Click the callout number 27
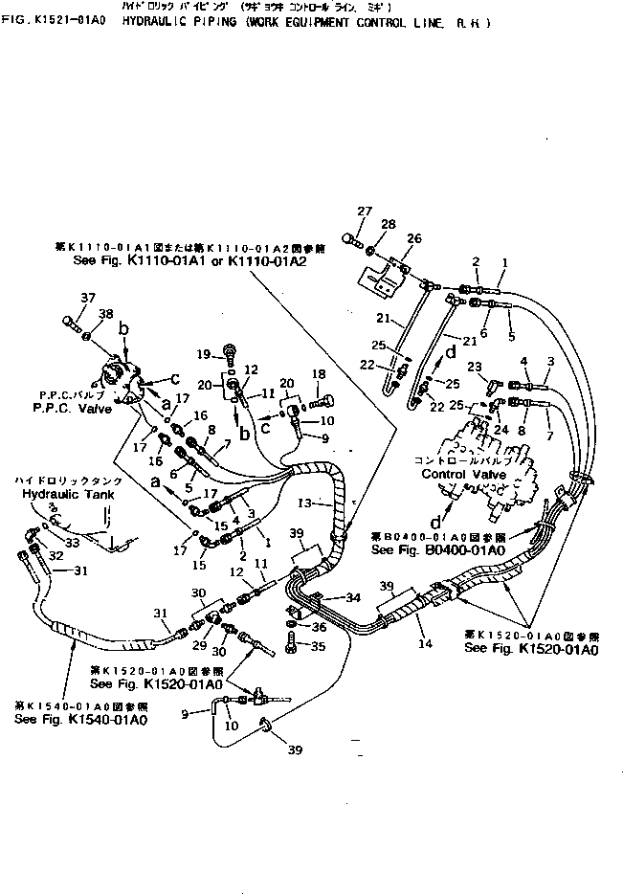pos(364,211)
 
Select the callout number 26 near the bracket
pos(412,238)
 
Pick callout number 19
pos(202,354)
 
